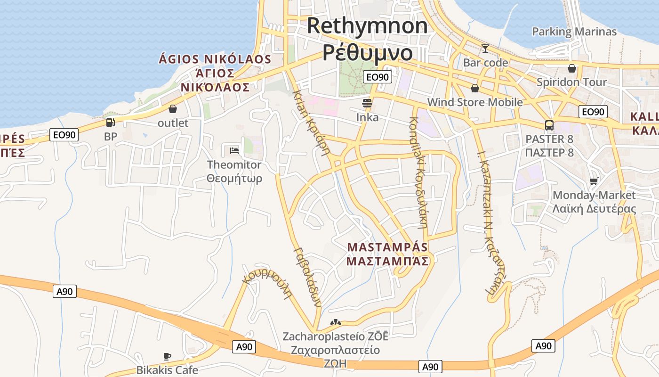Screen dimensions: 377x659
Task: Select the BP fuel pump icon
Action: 110,123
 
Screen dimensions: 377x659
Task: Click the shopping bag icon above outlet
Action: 173,109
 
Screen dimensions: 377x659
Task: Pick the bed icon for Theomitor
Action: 234,151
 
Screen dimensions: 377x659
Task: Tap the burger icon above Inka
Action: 367,103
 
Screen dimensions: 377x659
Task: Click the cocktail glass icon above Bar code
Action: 485,48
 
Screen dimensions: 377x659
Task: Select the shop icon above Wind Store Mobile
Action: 475,88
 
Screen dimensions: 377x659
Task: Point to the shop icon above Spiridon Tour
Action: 572,68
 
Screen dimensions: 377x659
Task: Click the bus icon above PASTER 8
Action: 549,125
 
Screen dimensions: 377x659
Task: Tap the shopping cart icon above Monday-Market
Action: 594,181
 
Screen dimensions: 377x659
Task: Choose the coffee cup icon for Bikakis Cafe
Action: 167,356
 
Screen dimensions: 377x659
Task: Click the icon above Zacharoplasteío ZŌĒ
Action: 335,322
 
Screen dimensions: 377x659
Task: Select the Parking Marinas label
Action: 574,32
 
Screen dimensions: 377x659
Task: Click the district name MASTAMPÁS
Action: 387,247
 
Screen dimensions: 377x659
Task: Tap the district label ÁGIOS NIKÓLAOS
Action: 215,59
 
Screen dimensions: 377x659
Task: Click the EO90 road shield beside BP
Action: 64,135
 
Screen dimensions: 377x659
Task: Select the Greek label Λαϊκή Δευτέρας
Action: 594,209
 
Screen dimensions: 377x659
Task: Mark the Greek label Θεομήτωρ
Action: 234,179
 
